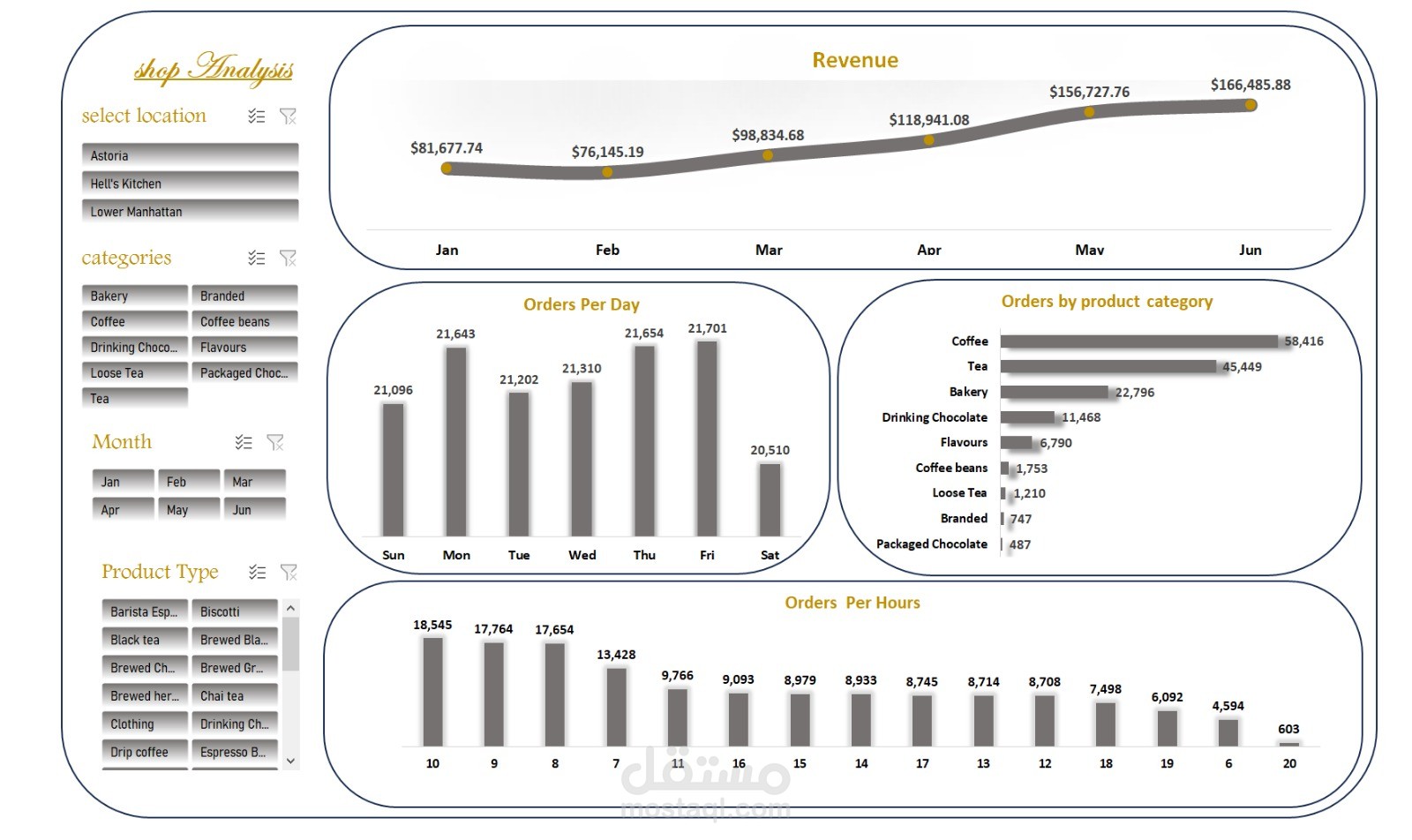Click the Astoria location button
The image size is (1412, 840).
point(190,155)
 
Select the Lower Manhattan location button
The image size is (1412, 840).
point(190,212)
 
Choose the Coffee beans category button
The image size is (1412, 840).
point(244,321)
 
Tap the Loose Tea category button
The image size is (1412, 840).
point(134,373)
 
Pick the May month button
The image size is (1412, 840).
point(188,510)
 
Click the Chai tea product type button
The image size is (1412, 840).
point(234,696)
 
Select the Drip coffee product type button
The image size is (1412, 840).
point(144,752)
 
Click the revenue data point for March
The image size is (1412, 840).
point(768,155)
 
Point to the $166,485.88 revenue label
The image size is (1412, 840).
point(1250,85)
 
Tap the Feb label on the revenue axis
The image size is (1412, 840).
point(607,250)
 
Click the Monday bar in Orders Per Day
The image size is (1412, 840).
point(456,441)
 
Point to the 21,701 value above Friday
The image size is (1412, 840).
point(707,328)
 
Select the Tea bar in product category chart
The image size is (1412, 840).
point(1108,366)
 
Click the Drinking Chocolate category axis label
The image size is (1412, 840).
point(934,417)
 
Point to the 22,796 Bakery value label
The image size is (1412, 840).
point(1134,393)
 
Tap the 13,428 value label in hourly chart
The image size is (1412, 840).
point(616,655)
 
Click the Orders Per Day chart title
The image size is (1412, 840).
point(581,304)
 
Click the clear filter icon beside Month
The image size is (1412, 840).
point(275,442)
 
